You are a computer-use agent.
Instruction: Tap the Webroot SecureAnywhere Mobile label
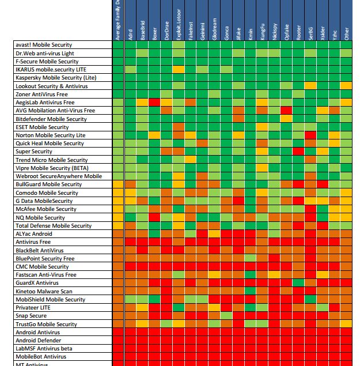(x=59, y=176)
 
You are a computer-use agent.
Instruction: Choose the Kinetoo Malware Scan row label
(x=45, y=292)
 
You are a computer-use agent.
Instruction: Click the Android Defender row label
(x=39, y=341)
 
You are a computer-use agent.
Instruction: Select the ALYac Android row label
(x=34, y=234)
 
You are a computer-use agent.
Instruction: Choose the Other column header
(x=346, y=32)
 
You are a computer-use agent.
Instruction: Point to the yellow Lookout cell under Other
(x=346, y=86)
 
